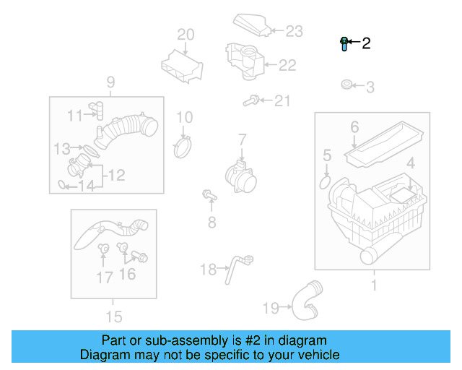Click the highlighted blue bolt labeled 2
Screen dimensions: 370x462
(344, 44)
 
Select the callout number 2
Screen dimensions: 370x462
(366, 43)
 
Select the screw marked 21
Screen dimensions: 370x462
(253, 101)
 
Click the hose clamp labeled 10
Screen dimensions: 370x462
(185, 147)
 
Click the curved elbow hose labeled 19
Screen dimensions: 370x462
(305, 301)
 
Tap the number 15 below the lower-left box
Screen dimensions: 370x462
(113, 316)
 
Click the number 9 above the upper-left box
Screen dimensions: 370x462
(111, 82)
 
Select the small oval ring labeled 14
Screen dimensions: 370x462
(63, 186)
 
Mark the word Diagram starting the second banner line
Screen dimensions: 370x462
(103, 355)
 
